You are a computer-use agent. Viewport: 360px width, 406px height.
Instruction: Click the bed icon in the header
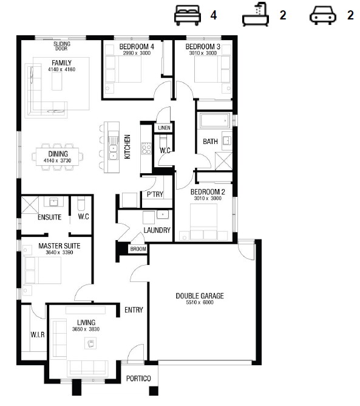[x=188, y=15]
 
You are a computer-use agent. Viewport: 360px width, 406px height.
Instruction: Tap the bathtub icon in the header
[x=256, y=15]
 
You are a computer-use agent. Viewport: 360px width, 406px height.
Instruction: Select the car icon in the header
[x=323, y=15]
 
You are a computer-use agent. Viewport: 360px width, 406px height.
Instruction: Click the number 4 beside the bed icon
[x=213, y=15]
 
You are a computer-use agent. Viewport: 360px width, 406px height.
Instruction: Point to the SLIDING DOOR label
[x=62, y=46]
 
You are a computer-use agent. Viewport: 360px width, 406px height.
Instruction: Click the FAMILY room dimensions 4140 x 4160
[x=61, y=69]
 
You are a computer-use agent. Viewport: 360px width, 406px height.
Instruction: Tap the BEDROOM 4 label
[x=137, y=47]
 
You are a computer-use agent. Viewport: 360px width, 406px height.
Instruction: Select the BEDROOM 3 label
[x=203, y=47]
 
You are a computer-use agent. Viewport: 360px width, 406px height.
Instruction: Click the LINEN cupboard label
[x=165, y=128]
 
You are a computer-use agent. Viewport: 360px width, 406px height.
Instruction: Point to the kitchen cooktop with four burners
[x=146, y=148]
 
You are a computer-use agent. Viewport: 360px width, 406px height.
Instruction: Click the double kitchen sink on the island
[x=114, y=152]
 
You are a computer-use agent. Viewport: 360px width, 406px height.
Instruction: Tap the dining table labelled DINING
[x=58, y=157]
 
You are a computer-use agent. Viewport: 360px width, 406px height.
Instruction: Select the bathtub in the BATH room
[x=215, y=120]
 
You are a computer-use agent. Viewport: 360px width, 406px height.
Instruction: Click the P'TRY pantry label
[x=155, y=194]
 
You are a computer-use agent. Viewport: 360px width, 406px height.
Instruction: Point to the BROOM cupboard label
[x=138, y=249]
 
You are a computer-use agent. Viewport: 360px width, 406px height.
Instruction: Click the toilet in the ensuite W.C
[x=81, y=204]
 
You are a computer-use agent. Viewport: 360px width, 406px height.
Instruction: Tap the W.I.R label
[x=38, y=335]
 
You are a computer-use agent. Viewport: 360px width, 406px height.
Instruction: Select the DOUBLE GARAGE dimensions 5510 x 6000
[x=200, y=303]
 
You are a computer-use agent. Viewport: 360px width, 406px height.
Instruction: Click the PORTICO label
[x=138, y=379]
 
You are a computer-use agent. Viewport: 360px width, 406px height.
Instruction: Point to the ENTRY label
[x=134, y=310]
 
